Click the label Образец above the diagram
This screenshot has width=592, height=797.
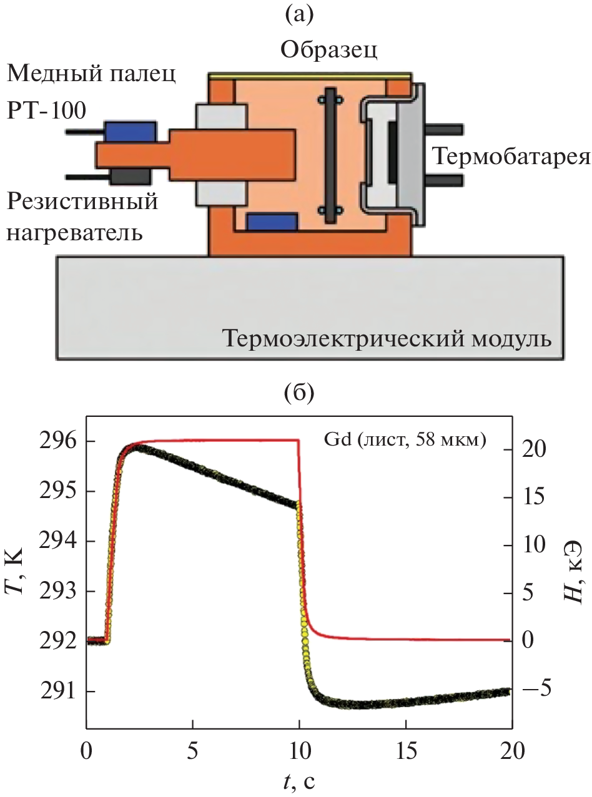pos(328,49)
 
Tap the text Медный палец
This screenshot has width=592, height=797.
pos(91,76)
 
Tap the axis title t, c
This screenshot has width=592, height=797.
pos(300,780)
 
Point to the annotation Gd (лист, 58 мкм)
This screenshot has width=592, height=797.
pos(405,441)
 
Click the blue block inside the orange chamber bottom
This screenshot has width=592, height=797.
pos(272,221)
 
